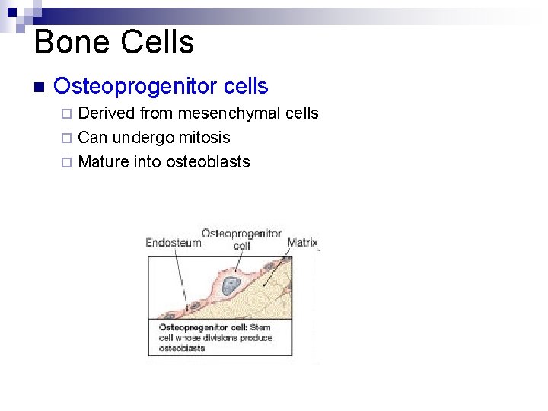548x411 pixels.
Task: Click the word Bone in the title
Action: (71, 42)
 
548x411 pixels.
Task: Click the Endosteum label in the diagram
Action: (173, 243)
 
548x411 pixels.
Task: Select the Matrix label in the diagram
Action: (301, 243)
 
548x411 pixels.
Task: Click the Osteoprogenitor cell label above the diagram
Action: (241, 239)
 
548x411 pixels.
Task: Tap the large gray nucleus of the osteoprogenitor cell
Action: (230, 285)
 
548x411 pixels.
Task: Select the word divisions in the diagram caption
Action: (223, 338)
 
